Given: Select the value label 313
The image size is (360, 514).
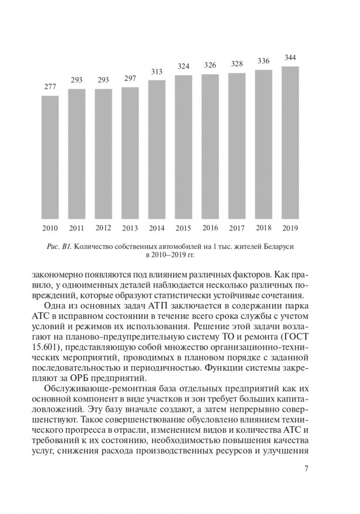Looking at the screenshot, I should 157,71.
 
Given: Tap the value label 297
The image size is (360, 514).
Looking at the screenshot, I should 130,79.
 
